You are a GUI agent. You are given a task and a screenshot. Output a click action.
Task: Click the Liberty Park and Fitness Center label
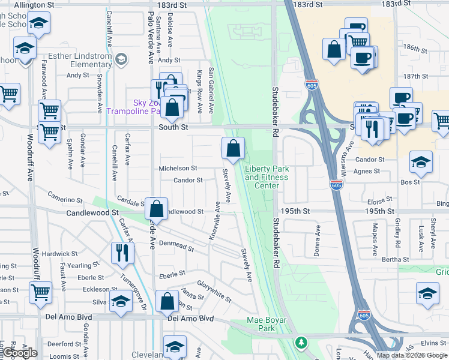click(266, 177)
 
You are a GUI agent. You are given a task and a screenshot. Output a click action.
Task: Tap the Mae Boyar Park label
click(270, 324)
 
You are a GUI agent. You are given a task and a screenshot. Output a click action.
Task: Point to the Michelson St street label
click(178, 169)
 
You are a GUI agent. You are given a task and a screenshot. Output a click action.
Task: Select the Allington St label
click(34, 4)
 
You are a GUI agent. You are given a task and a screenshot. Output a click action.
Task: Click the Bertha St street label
click(395, 259)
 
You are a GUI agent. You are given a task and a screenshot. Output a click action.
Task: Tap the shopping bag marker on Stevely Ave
click(233, 148)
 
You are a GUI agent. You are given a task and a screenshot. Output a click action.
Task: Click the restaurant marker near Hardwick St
click(122, 253)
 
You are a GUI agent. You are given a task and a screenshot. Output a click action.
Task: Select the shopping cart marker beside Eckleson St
click(40, 292)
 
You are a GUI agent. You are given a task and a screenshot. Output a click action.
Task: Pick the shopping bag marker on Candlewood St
click(156, 209)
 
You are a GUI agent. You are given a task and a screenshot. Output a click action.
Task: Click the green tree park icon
click(301, 343)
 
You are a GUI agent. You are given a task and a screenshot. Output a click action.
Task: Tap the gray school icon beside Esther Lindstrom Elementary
click(121, 58)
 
